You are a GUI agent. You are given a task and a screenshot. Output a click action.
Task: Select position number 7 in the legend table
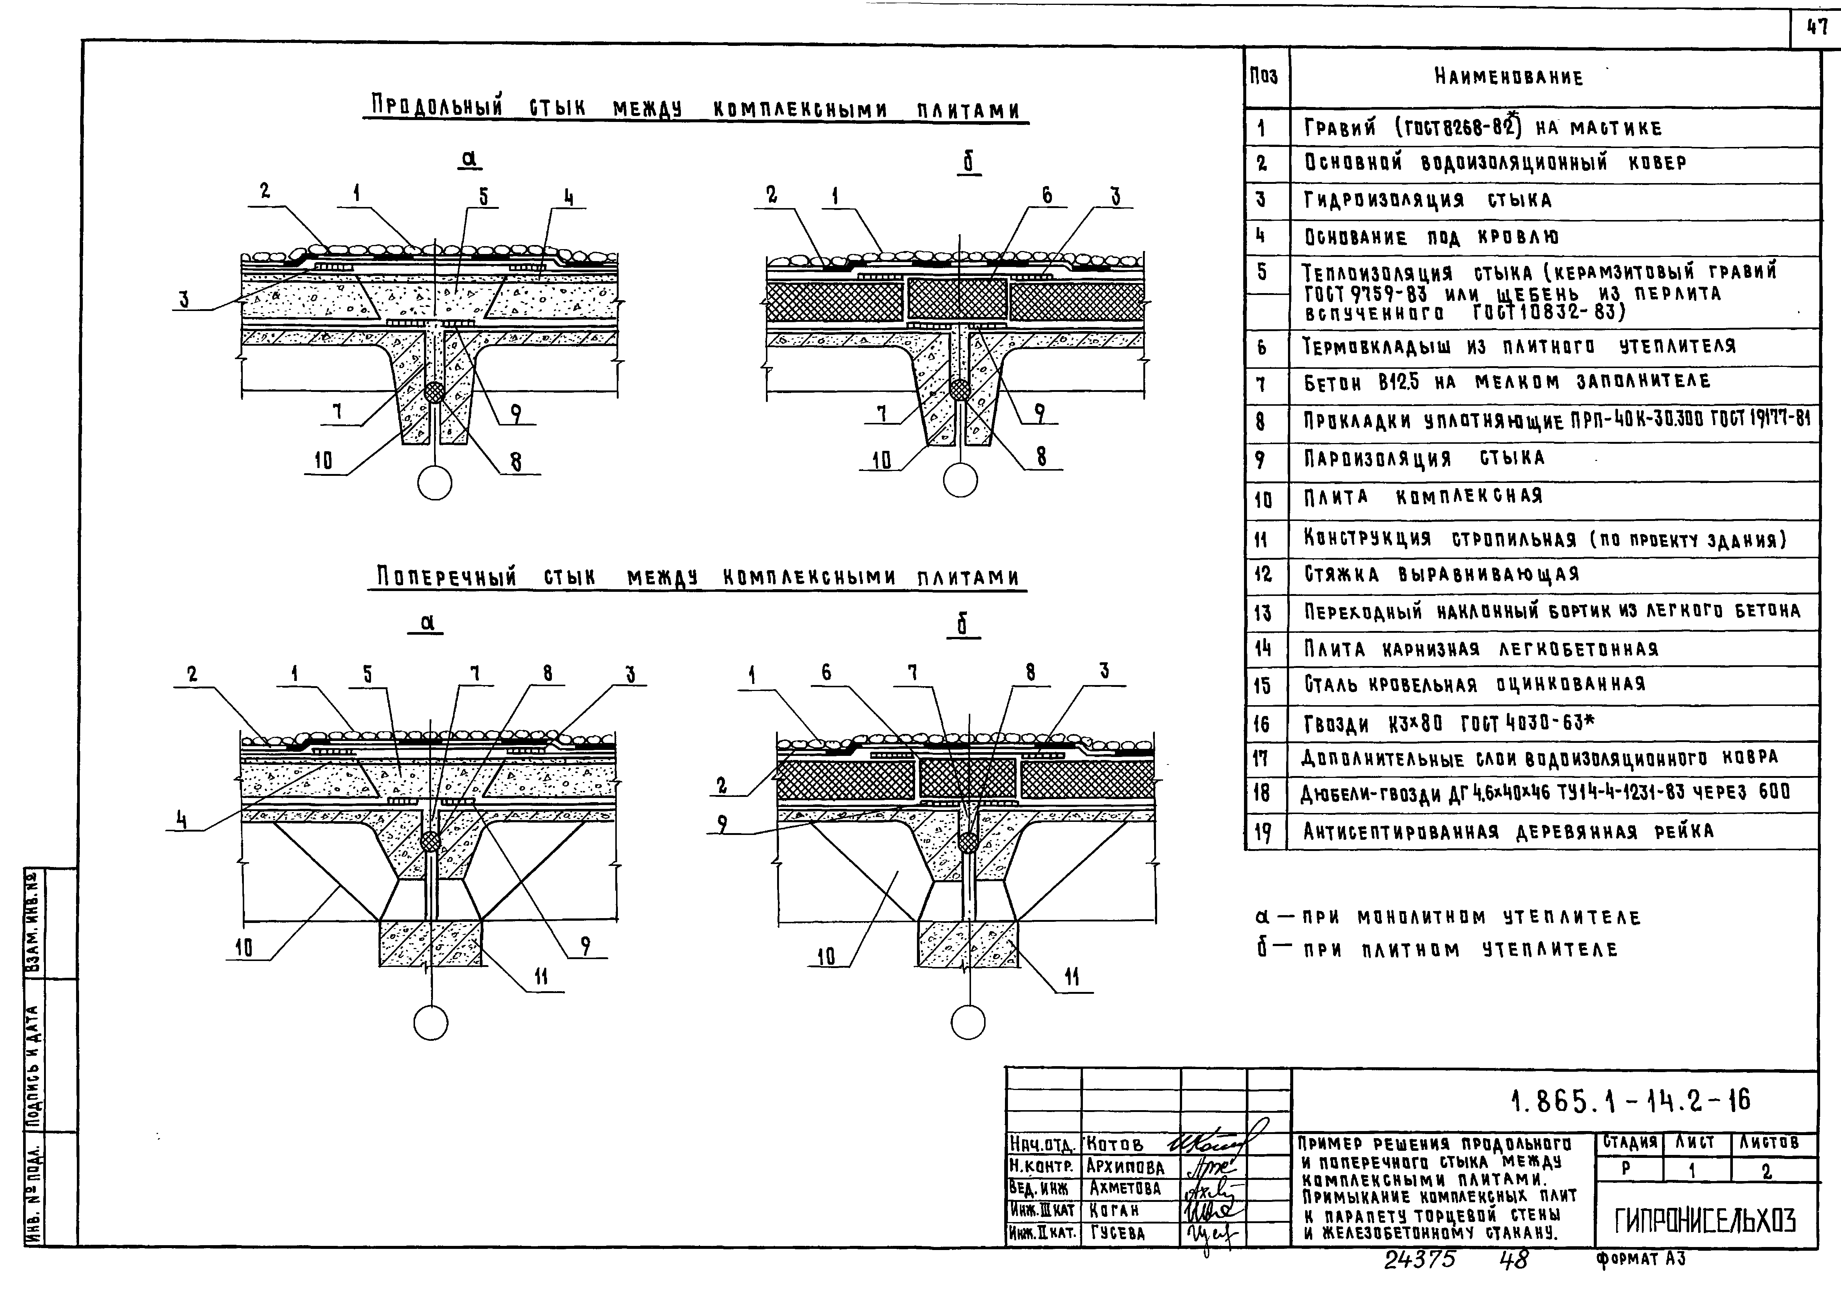(x=1261, y=384)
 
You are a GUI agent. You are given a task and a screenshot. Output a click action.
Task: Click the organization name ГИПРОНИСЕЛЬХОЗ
(x=1705, y=1221)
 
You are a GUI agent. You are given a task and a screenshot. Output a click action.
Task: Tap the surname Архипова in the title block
(x=1125, y=1166)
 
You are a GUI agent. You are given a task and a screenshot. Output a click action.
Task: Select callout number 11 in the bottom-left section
(x=541, y=976)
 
